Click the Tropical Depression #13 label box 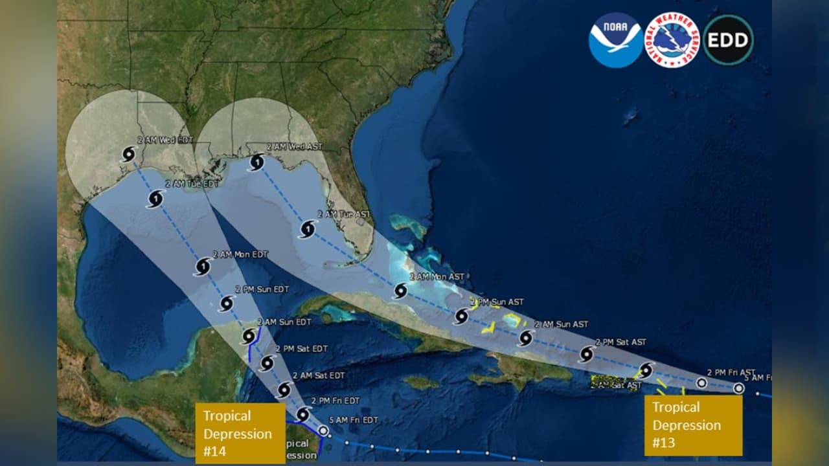pos(693,425)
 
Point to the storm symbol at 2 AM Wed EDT pos(129,154)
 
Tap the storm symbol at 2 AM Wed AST pos(256,162)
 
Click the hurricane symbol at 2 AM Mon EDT pos(202,267)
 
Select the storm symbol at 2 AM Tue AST pos(308,228)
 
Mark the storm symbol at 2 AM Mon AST pos(400,291)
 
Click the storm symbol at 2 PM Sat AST pos(586,354)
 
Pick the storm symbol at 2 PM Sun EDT pos(226,303)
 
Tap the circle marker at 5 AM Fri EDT pos(324,430)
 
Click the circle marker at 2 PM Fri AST pos(701,383)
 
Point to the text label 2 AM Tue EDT pos(192,184)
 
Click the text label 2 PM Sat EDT pos(301,348)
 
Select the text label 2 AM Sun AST pos(562,324)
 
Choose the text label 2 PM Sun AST pos(497,302)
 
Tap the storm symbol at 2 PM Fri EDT pos(302,414)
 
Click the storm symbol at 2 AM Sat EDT pos(284,389)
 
